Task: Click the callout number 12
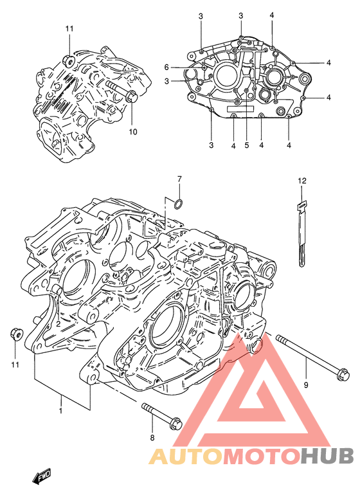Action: coord(302,181)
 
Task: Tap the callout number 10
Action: coord(133,131)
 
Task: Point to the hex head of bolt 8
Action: coord(176,425)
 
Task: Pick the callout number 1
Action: coord(61,411)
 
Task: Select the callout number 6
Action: coord(166,68)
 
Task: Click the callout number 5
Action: coord(247,145)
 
